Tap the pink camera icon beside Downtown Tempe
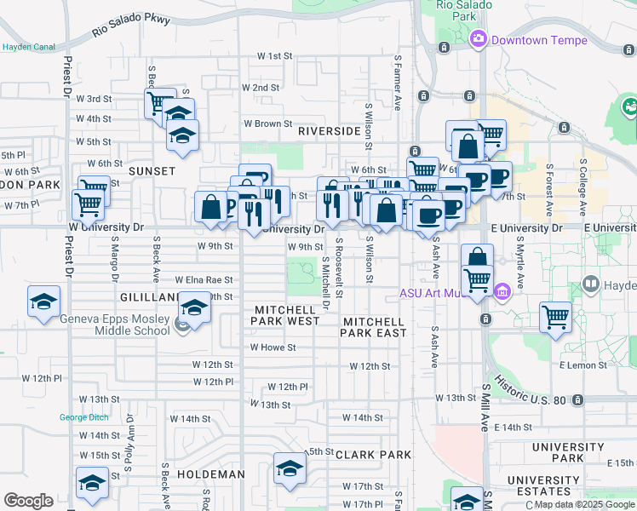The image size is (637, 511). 479,38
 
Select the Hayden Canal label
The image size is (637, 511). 28,48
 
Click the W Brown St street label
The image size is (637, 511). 268,123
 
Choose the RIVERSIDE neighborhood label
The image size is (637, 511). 330,132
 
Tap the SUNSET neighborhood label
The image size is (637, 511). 152,171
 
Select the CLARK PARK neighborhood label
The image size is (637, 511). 374,455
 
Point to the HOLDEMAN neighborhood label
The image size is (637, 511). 211,474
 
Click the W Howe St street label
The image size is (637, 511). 273,347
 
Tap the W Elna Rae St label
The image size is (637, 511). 204,279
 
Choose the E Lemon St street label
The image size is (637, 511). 583,365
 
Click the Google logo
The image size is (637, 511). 28,501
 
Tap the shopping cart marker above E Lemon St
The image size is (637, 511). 555,317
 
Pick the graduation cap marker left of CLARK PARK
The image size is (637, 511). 290,468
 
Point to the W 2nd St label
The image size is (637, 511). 261,88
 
